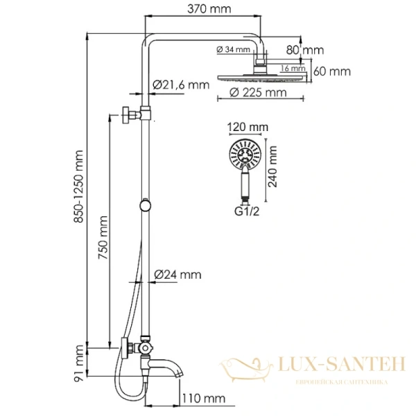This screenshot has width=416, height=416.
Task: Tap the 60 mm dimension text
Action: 333,71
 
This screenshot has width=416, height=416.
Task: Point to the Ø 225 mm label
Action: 257,92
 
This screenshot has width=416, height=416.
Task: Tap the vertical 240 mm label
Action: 273,168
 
